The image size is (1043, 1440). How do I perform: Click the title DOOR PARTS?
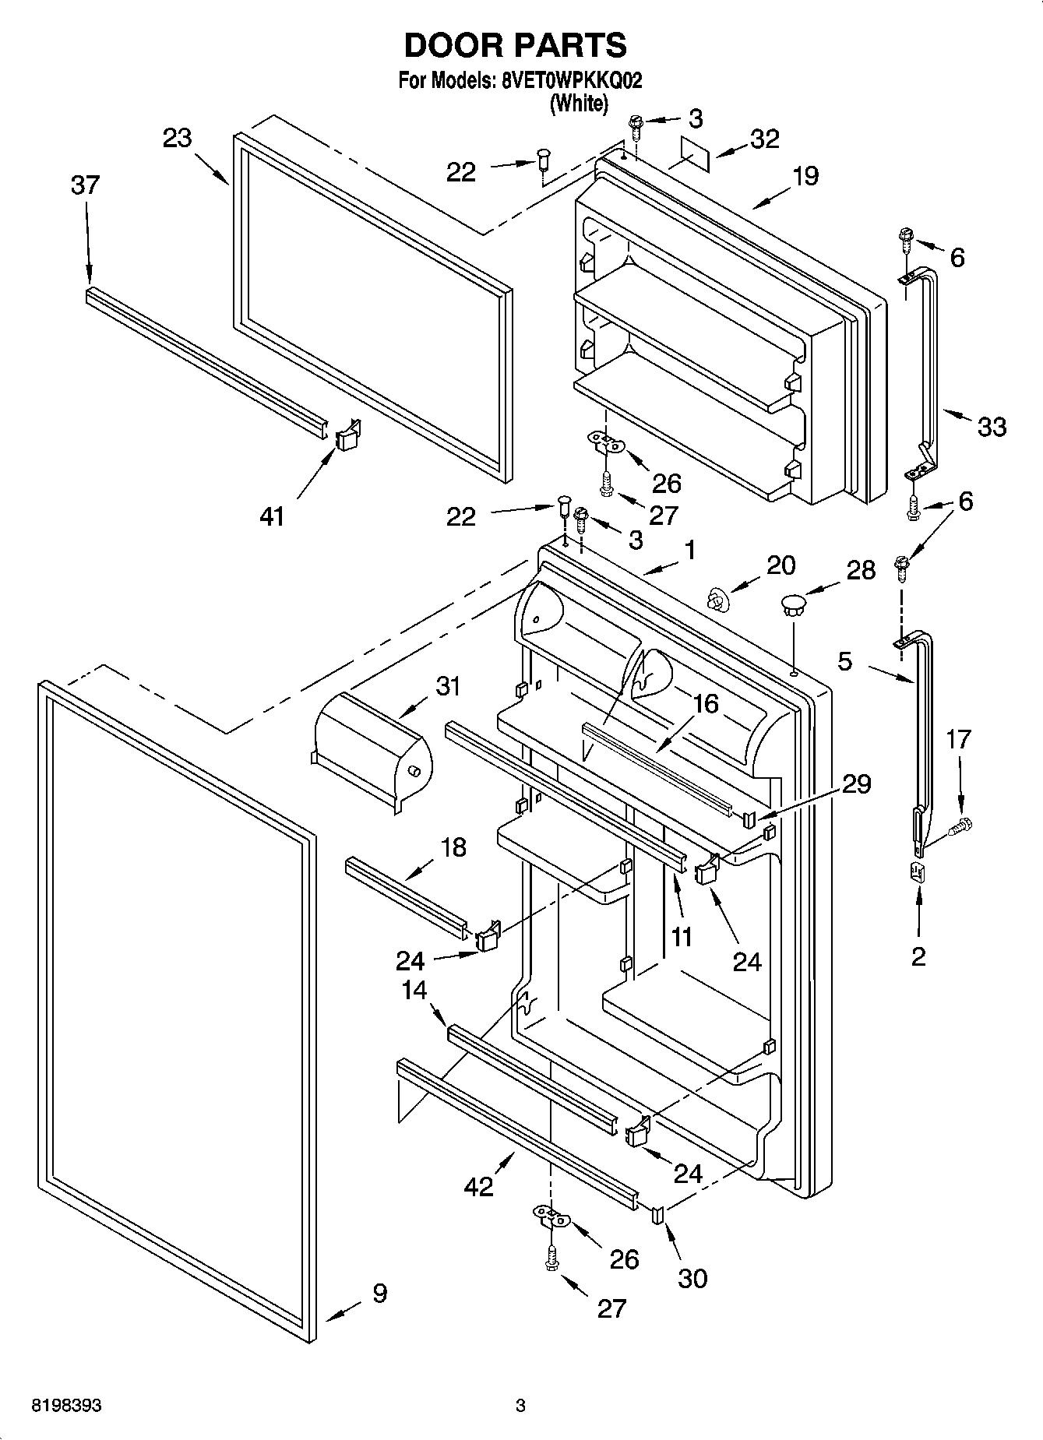click(515, 45)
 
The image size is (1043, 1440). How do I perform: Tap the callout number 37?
click(85, 185)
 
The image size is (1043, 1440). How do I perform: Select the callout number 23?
click(178, 139)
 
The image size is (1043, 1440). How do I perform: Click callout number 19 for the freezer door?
click(805, 176)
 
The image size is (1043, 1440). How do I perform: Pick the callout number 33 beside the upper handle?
click(992, 427)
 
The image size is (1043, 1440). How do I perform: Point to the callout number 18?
click(453, 847)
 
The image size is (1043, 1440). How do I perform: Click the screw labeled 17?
click(963, 825)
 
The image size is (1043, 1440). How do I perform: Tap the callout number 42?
click(478, 1187)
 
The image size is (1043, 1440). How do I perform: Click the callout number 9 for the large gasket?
click(379, 1294)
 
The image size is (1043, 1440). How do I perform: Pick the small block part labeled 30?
click(657, 1214)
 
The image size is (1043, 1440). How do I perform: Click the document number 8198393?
click(66, 1406)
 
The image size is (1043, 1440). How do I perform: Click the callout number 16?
click(704, 704)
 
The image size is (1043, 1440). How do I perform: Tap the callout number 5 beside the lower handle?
click(845, 662)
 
